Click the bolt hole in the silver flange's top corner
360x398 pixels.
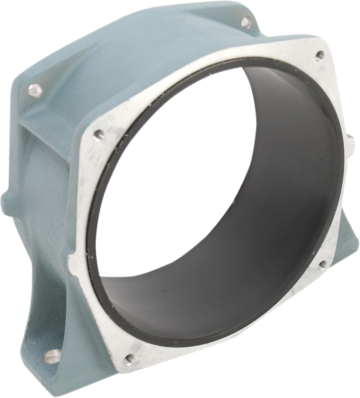[319, 54]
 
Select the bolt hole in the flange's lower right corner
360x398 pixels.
[322, 264]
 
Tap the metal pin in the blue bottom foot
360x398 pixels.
[51, 356]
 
